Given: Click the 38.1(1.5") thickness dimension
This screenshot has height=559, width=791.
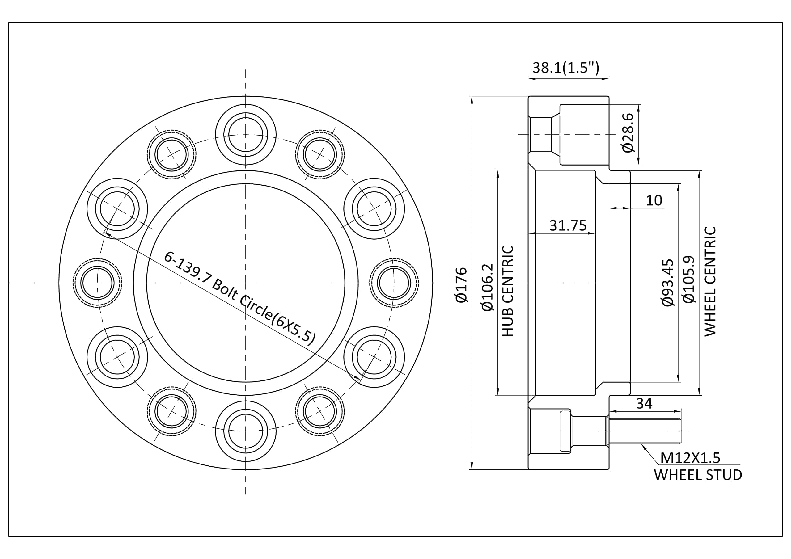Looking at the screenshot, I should click(566, 68).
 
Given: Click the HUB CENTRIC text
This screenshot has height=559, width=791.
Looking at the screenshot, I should click(508, 291).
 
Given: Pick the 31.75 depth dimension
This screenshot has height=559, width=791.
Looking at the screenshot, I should click(567, 225).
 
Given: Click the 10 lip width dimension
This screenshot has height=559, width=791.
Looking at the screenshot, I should click(654, 200).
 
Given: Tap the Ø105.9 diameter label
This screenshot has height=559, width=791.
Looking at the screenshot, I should click(689, 280).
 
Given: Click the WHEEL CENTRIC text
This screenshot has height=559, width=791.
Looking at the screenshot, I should click(710, 281).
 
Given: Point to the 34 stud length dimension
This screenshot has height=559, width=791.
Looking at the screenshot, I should click(644, 403).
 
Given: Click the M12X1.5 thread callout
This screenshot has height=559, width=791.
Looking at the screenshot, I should click(690, 458).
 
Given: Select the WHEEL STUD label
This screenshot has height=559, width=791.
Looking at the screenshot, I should click(698, 475).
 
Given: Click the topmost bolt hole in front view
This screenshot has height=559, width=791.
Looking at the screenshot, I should click(246, 134).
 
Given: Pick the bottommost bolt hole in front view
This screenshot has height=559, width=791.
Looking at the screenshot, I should click(246, 431).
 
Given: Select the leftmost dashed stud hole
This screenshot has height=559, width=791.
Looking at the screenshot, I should click(98, 283).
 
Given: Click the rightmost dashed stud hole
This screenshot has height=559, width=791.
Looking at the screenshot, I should click(394, 283).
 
